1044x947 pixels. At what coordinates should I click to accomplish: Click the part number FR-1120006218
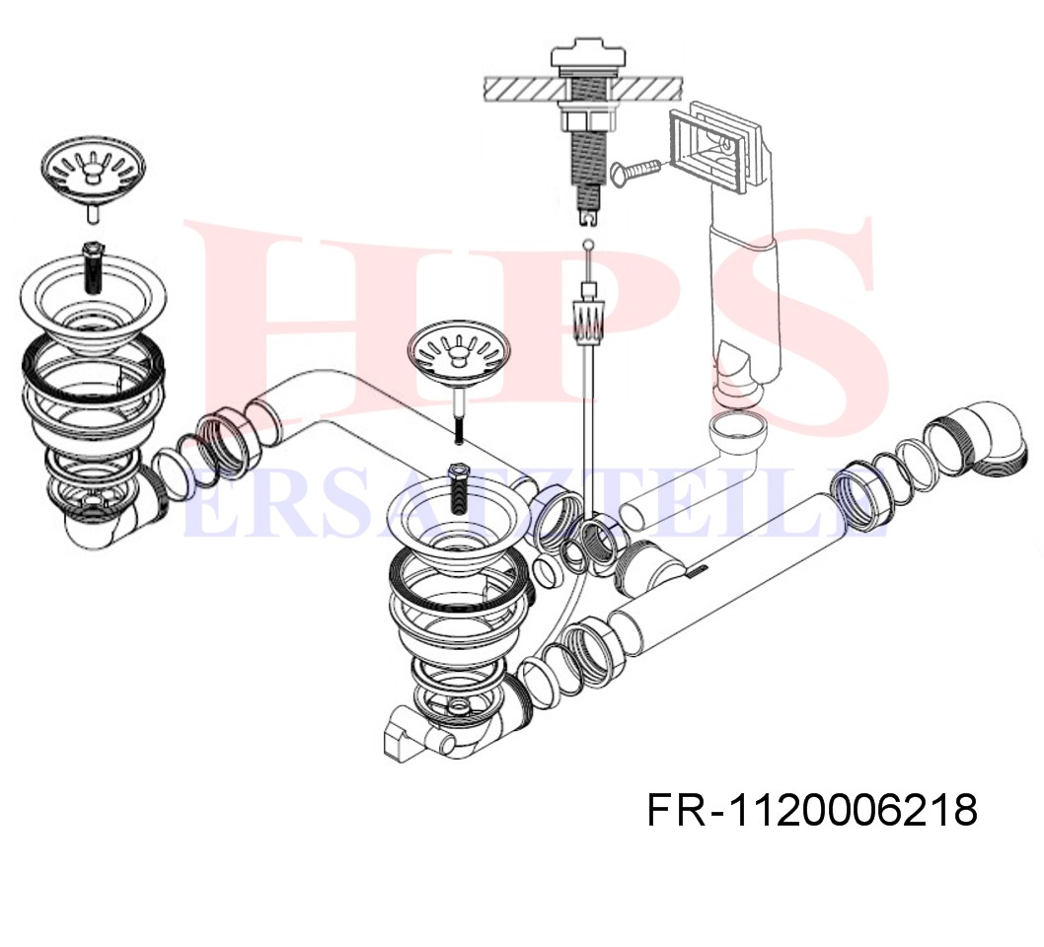(812, 810)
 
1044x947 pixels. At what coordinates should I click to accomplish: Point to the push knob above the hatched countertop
(588, 52)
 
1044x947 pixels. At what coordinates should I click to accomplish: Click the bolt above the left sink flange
(93, 268)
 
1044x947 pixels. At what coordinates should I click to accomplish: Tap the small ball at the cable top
(588, 245)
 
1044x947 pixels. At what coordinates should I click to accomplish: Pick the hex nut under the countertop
(588, 121)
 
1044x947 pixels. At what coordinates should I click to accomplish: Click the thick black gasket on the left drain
(93, 370)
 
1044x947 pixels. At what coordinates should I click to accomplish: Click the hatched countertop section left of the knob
(518, 87)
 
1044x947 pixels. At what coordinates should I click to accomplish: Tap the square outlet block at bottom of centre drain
(403, 734)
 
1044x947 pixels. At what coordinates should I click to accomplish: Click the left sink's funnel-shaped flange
(93, 303)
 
